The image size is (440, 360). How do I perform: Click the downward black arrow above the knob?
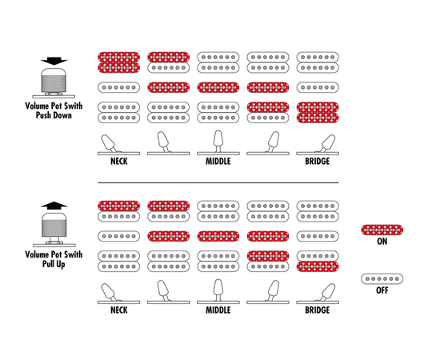(x=54, y=61)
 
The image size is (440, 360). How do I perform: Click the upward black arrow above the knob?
(x=54, y=206)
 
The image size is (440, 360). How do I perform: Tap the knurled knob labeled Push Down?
(x=54, y=80)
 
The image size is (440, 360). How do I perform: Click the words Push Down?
(x=54, y=115)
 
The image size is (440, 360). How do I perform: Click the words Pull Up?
(x=54, y=264)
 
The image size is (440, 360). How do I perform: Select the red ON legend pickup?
(x=382, y=230)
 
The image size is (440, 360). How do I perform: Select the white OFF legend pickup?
(x=382, y=279)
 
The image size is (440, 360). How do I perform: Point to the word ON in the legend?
(x=382, y=242)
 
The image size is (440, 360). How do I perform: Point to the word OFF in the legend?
(x=382, y=290)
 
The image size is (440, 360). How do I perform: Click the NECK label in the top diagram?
(x=119, y=162)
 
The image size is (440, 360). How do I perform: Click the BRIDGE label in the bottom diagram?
(x=318, y=310)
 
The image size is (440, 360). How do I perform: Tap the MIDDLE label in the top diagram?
(x=218, y=162)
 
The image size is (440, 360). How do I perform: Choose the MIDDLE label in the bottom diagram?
(x=218, y=310)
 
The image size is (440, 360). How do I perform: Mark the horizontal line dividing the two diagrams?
(x=218, y=182)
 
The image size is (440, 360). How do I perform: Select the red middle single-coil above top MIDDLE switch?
(x=218, y=87)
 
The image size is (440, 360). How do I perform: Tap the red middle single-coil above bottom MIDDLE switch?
(x=218, y=236)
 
